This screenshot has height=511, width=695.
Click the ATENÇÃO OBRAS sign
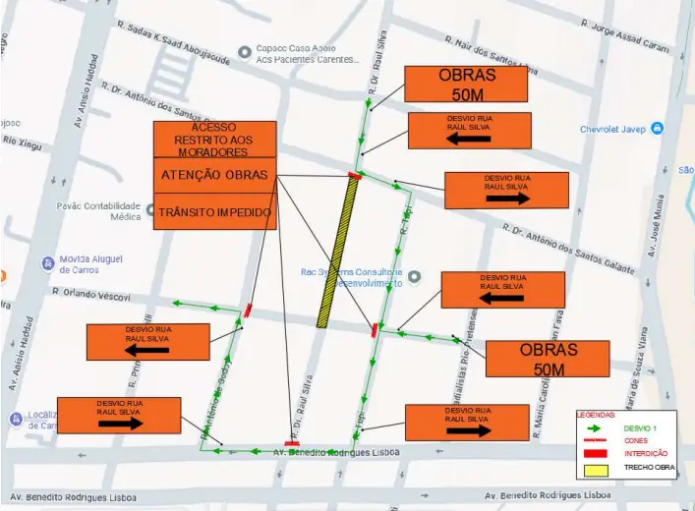(214, 175)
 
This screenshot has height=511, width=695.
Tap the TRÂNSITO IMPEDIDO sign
(214, 211)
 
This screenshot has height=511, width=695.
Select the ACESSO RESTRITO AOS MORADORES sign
(214, 140)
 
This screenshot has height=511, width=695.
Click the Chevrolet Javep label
(613, 129)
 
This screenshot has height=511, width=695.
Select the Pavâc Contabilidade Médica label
(98, 210)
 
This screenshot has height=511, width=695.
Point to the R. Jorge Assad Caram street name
(629, 39)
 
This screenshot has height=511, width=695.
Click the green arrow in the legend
(594, 428)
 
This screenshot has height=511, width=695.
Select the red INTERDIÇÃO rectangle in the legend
(594, 453)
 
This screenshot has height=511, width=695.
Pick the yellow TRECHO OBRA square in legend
(594, 468)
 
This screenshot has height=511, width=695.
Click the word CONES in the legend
(636, 440)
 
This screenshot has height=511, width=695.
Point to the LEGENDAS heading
(596, 415)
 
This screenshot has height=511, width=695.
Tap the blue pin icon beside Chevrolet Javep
(658, 129)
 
